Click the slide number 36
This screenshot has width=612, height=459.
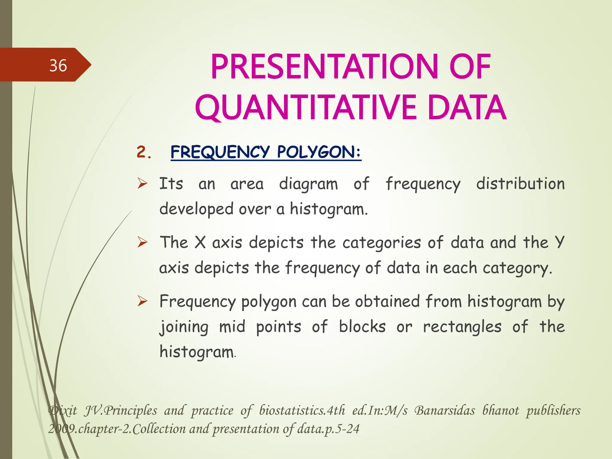[58, 65]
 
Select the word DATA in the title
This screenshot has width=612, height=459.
[467, 108]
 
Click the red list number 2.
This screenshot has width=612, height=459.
[144, 152]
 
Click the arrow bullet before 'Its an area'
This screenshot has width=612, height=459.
[142, 183]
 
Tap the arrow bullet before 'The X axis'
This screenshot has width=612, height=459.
[142, 242]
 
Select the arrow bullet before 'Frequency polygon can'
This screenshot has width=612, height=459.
[142, 301]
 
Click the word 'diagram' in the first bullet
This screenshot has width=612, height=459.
[308, 184]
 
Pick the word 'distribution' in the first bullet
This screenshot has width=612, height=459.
[520, 183]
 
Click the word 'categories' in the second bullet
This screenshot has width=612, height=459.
[382, 243]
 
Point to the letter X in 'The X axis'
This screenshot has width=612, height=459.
[200, 242]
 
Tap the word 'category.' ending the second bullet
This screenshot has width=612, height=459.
[517, 268]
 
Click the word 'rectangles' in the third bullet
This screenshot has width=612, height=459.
[462, 327]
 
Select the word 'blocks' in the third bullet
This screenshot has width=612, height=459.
[362, 326]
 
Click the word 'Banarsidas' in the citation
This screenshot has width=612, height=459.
[444, 411]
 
